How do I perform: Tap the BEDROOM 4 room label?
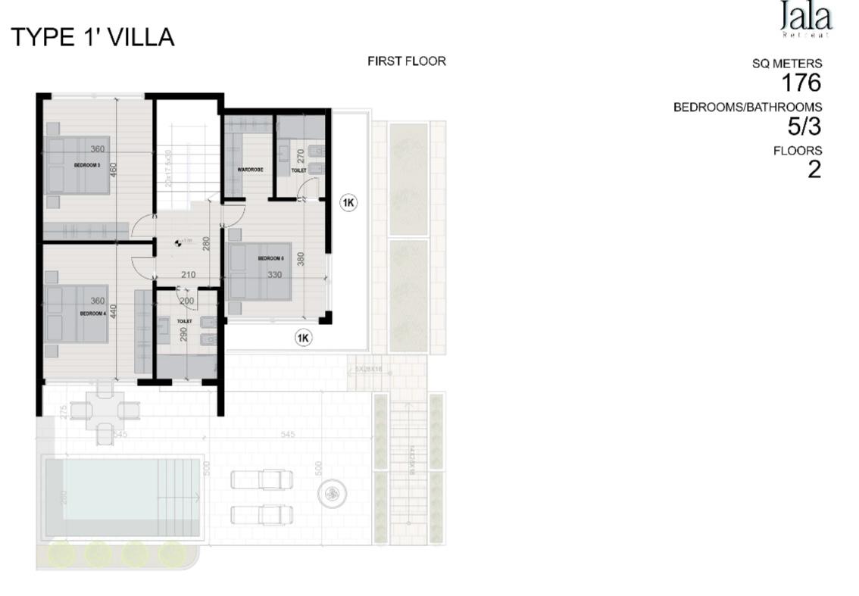point(92,313)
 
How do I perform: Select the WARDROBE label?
point(249,170)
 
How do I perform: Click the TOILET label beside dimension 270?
point(298,170)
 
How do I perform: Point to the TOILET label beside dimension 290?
point(184,321)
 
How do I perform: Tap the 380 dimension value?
point(301,258)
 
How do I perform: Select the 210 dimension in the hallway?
point(189,275)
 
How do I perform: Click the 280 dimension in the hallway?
point(205,244)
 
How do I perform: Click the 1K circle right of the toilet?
point(348,203)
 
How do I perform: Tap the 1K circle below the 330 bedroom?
point(303,338)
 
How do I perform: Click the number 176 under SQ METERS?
point(801,83)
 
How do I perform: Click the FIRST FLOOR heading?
point(407,61)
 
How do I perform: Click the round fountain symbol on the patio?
point(331,495)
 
